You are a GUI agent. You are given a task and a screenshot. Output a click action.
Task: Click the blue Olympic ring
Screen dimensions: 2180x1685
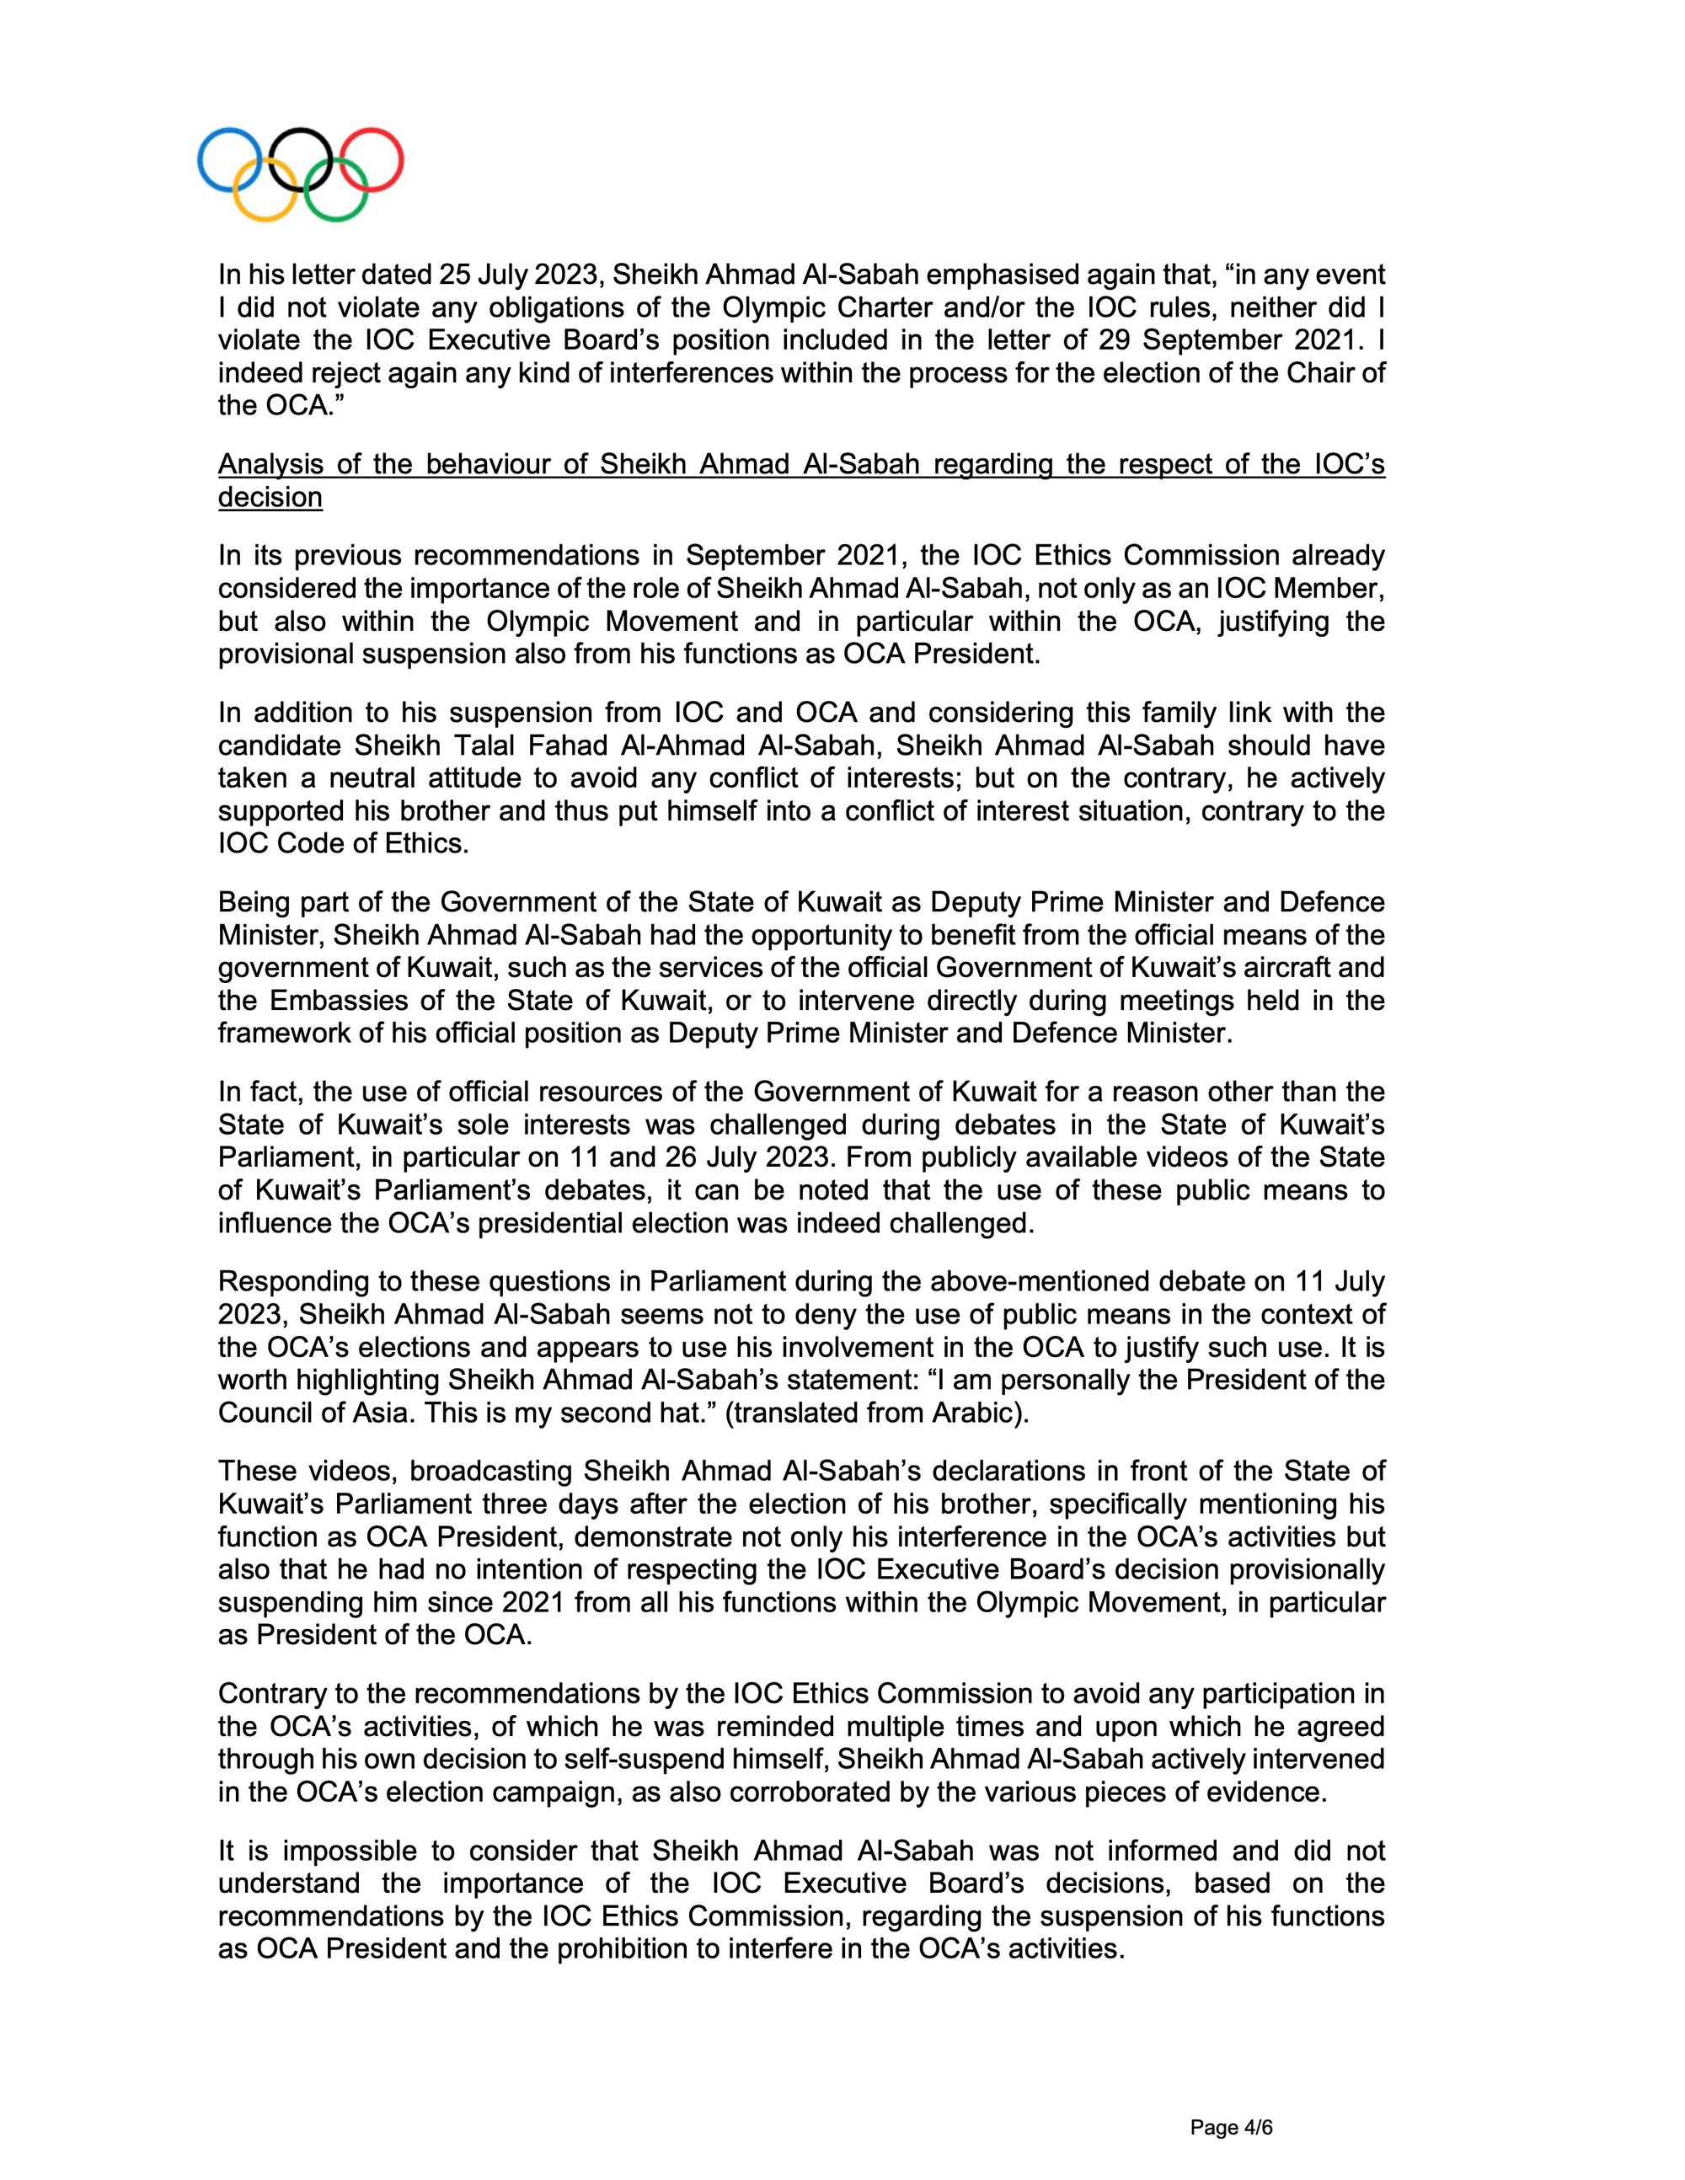pos(201,160)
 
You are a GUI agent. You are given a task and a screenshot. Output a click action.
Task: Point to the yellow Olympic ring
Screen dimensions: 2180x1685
pos(265,216)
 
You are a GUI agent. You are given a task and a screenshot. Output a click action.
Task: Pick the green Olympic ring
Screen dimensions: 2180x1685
pos(335,216)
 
